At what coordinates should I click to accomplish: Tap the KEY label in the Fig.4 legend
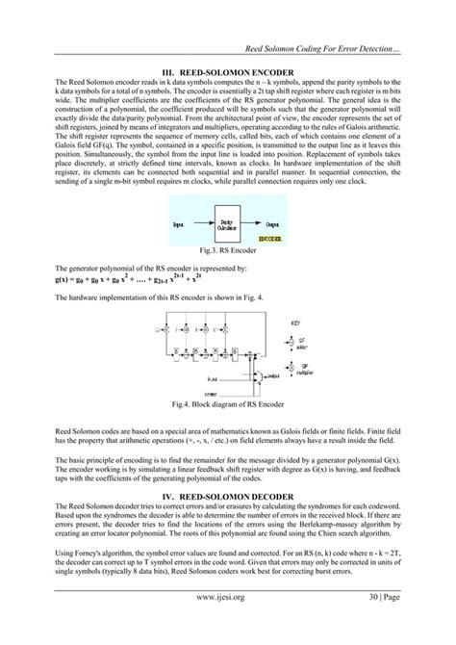(294, 338)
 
